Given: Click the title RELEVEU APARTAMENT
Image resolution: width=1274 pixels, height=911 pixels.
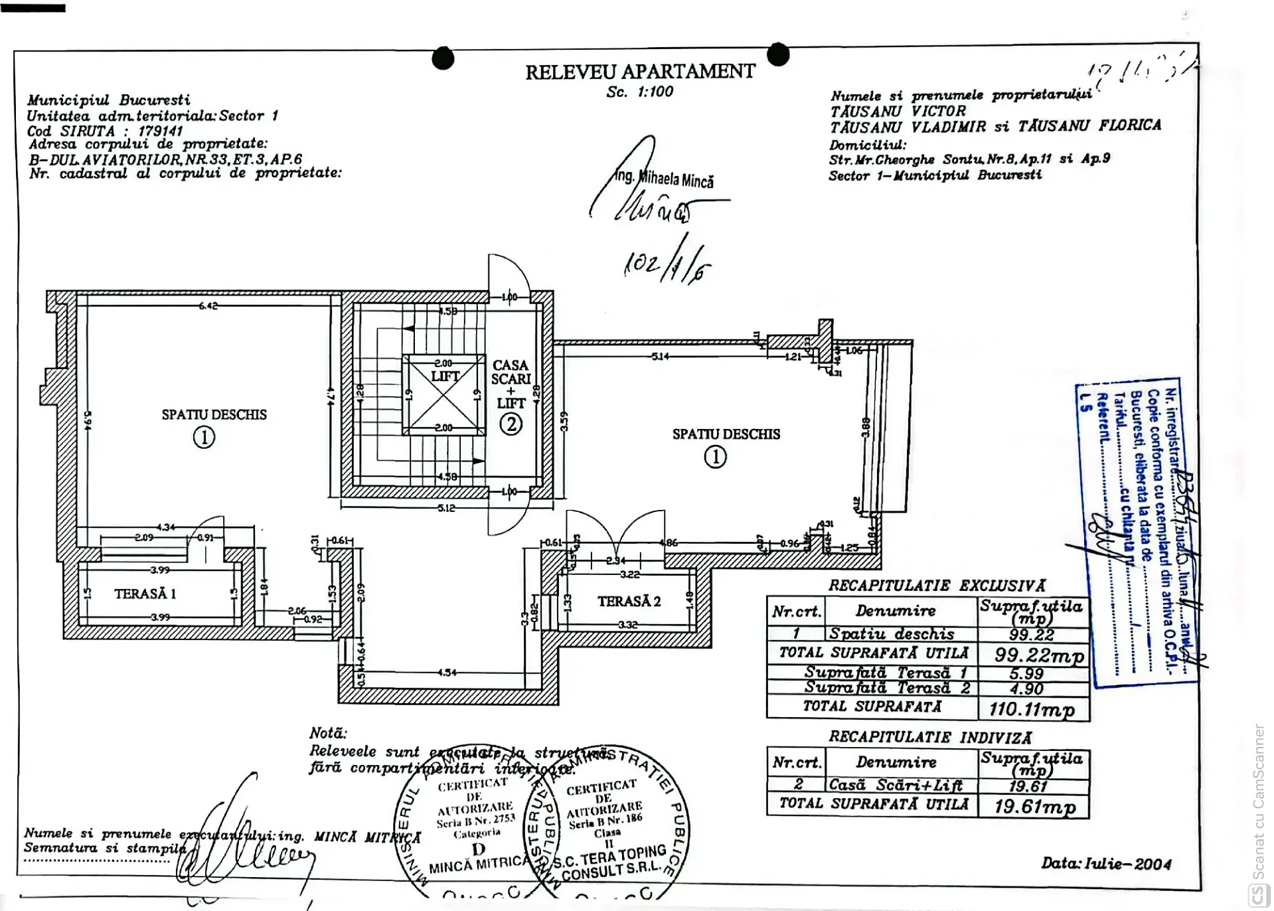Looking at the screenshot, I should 640,72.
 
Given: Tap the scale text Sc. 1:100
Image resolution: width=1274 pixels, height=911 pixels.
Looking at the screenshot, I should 639,92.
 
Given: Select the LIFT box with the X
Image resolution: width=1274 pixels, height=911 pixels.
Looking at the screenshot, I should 445,395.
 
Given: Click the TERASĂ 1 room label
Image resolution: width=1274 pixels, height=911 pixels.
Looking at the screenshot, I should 145,594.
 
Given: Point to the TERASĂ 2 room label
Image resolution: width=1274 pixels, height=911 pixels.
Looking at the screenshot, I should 629,602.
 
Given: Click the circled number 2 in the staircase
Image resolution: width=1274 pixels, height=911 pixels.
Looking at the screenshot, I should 511,424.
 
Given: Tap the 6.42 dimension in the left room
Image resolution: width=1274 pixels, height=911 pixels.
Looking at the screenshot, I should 208,306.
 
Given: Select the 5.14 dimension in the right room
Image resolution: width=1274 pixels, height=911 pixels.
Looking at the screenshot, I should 660,357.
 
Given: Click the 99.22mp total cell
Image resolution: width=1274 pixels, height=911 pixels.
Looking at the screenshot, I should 1038,655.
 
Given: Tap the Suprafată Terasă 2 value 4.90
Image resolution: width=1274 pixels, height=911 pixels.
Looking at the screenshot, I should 1026,689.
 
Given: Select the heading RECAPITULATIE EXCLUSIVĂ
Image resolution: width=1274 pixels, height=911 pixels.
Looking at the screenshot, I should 936,586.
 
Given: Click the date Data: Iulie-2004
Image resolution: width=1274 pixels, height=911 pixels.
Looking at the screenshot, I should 1105,864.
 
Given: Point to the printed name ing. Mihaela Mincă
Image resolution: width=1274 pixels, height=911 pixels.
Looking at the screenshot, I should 665,179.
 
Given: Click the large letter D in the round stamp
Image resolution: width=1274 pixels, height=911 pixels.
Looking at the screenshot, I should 478,849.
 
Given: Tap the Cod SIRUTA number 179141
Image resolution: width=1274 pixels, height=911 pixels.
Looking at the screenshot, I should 160,131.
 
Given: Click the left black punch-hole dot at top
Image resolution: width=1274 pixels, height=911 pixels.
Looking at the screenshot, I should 443,58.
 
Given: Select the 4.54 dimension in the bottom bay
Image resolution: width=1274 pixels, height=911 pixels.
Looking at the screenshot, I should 447,673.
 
